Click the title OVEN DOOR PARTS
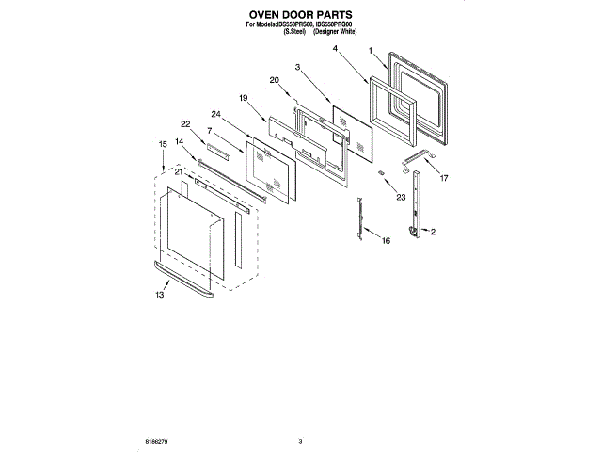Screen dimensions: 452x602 300,16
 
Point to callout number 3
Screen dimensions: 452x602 297,67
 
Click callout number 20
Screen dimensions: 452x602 274,80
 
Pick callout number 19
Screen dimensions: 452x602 243,98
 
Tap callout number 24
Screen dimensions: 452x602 216,114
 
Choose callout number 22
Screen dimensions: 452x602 186,123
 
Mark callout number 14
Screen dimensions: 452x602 180,141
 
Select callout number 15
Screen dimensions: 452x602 163,143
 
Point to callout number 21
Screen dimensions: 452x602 179,171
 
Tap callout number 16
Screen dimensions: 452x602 385,241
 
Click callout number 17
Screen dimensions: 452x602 444,177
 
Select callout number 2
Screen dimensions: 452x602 433,231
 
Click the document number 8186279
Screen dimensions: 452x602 156,440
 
